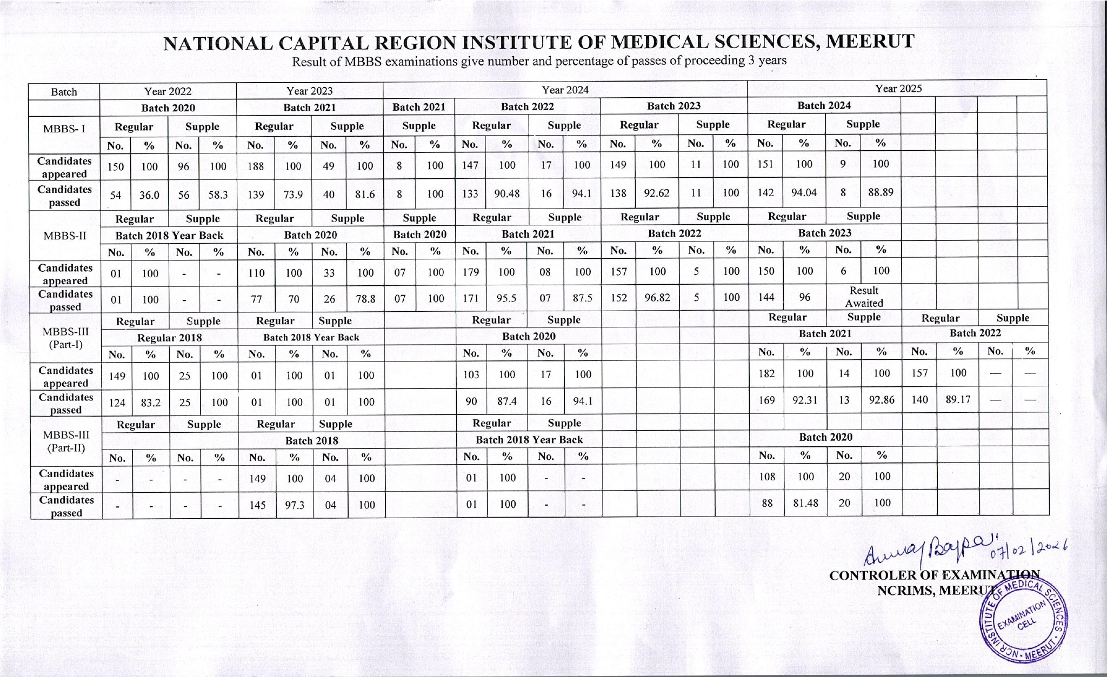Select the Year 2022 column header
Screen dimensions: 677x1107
pyautogui.click(x=168, y=91)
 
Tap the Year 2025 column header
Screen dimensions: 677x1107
pyautogui.click(x=898, y=89)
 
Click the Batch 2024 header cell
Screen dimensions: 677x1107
pyautogui.click(x=824, y=105)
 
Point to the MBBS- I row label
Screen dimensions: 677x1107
pyautogui.click(x=64, y=129)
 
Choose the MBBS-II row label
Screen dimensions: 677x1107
pyautogui.click(x=64, y=236)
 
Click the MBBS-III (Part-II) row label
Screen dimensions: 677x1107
pyautogui.click(x=66, y=441)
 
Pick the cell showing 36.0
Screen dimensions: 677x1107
pyautogui.click(x=149, y=195)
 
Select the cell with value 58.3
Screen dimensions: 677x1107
pyautogui.click(x=218, y=195)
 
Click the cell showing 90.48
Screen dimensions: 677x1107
pyautogui.click(x=506, y=193)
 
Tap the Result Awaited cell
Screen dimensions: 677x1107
pyautogui.click(x=864, y=297)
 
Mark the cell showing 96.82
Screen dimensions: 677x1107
pyautogui.click(x=657, y=297)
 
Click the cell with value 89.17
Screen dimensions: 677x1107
pyautogui.click(x=958, y=400)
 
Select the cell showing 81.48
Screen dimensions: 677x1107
pyautogui.click(x=805, y=503)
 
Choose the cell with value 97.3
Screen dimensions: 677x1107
pyautogui.click(x=294, y=505)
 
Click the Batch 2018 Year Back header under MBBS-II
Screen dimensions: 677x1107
pyautogui.click(x=169, y=236)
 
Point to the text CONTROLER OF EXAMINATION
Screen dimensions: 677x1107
pyautogui.click(x=934, y=575)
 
